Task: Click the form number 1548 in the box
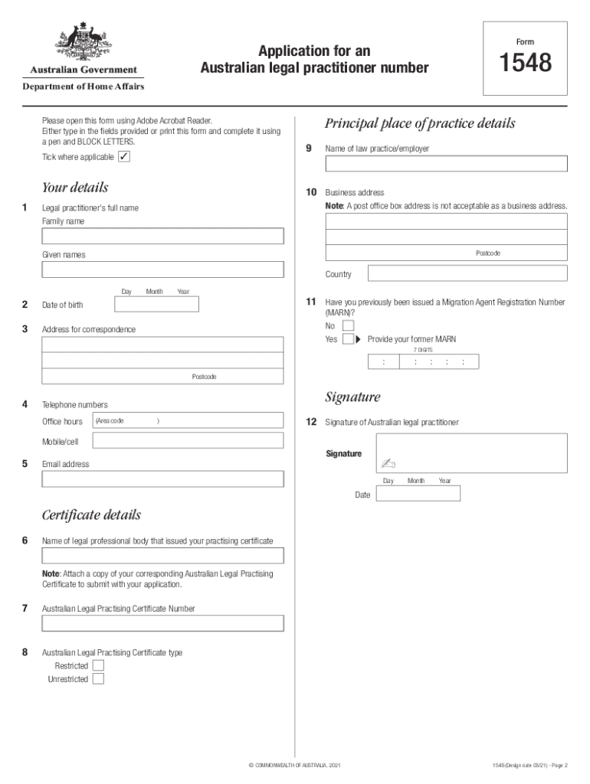[526, 63]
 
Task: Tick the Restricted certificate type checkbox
[98, 665]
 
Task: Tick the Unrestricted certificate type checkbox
[98, 678]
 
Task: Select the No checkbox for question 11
[348, 325]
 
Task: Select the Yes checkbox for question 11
[348, 338]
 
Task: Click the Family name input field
[162, 236]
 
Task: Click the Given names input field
[162, 269]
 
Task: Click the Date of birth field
[156, 305]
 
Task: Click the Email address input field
[162, 479]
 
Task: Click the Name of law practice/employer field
[446, 164]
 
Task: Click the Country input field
[467, 273]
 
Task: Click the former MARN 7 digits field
[423, 362]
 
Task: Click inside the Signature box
[471, 452]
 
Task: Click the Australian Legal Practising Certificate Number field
[162, 623]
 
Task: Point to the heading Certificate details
[91, 515]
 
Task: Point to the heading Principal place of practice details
[420, 124]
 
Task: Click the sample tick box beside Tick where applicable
[124, 157]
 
